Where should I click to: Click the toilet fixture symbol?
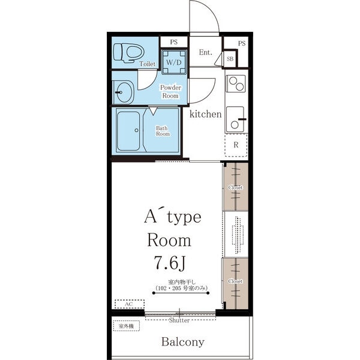click(x=129, y=53)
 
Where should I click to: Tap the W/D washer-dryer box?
click(x=174, y=62)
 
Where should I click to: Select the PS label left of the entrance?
click(x=174, y=42)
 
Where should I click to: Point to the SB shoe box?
click(x=230, y=59)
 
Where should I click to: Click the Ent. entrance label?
click(x=205, y=52)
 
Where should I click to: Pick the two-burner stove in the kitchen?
click(x=236, y=83)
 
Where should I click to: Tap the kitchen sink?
click(x=236, y=119)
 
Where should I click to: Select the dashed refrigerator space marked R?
click(x=236, y=145)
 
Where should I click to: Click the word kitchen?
click(x=205, y=114)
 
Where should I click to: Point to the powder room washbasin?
click(x=124, y=92)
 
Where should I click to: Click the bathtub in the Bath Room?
click(x=128, y=131)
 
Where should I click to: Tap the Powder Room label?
click(x=170, y=91)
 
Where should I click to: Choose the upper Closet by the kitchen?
click(x=236, y=187)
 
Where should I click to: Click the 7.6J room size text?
click(x=169, y=263)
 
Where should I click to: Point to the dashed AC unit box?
click(x=130, y=304)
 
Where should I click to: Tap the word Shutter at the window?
click(x=179, y=320)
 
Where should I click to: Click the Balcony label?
click(x=183, y=342)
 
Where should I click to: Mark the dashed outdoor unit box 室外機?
click(x=126, y=326)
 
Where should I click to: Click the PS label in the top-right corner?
click(x=242, y=43)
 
